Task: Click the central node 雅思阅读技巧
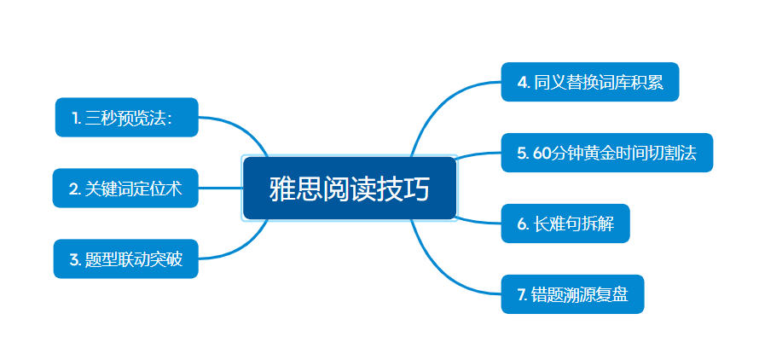tap(350, 188)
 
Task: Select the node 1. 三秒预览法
tap(127, 117)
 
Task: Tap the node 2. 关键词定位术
tap(125, 188)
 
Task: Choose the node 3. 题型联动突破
tap(126, 258)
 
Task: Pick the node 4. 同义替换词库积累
tap(590, 82)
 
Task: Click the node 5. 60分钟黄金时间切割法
tap(607, 153)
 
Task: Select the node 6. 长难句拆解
tap(565, 224)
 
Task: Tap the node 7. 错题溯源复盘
tap(572, 294)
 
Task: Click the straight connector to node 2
tap(221, 188)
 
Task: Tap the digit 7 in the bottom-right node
tap(521, 294)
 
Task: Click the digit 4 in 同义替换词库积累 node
tap(522, 83)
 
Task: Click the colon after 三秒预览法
tap(170, 119)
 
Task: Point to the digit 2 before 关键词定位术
tap(73, 189)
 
